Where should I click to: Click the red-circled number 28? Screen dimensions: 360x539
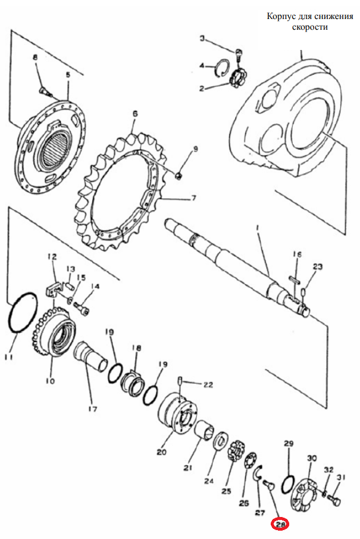point(281,524)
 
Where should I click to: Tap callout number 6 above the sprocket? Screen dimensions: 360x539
point(135,114)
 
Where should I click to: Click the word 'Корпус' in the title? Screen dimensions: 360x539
point(281,17)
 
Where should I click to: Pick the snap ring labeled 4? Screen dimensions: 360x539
point(221,68)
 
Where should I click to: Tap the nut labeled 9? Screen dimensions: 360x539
point(179,176)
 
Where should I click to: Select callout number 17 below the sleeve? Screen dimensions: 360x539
point(93,409)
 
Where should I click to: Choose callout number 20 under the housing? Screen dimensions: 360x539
point(162,452)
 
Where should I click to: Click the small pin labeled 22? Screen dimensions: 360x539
point(180,381)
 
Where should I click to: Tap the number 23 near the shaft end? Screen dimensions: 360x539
point(318,267)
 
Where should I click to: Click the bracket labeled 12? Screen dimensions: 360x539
point(52,286)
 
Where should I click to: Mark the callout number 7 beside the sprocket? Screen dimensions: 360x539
point(193,198)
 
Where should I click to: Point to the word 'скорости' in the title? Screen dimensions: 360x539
point(310,27)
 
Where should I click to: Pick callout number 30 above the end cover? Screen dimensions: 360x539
point(312,458)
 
